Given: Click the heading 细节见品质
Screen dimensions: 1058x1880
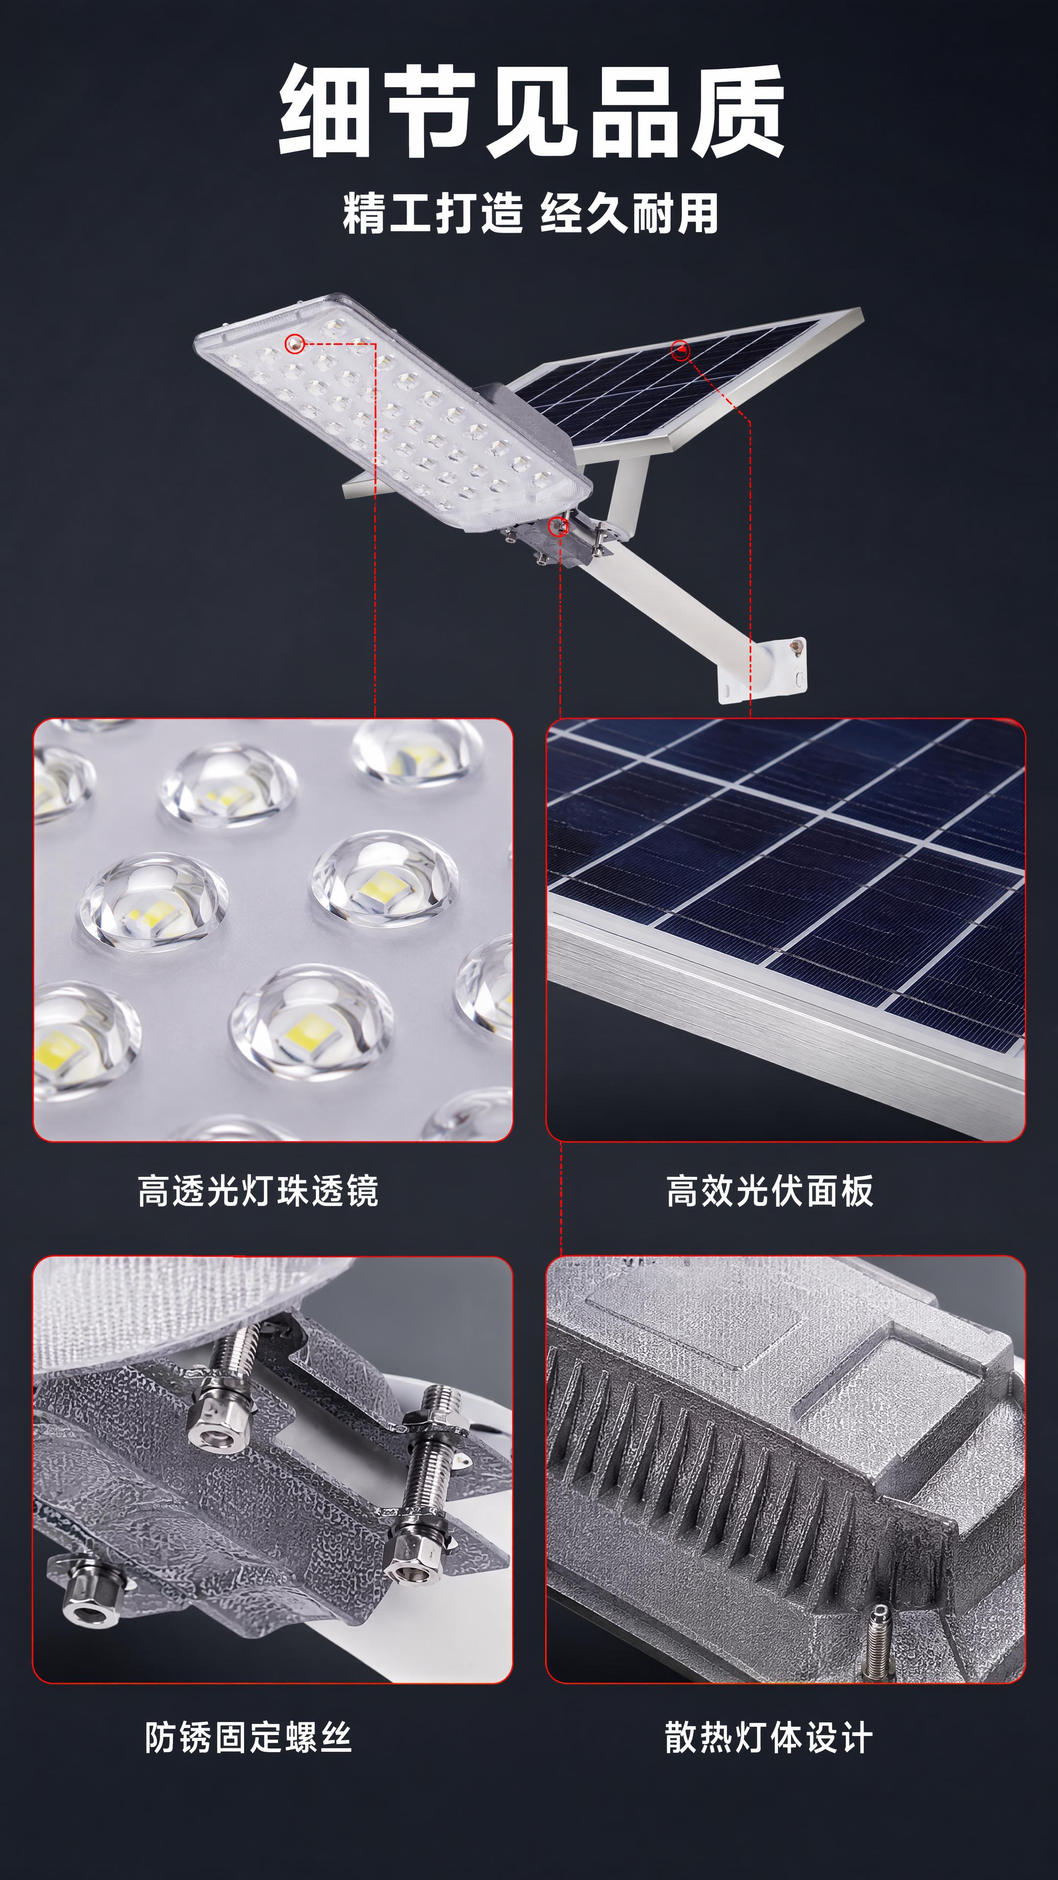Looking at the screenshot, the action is (x=531, y=111).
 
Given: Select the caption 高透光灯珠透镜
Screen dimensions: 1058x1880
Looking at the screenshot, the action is (x=258, y=1191).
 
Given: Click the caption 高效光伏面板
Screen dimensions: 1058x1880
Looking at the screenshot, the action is (x=769, y=1191).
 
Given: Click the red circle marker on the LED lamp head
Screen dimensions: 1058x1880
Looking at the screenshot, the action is (x=295, y=342).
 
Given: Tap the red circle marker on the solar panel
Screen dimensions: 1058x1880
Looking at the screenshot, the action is (x=680, y=351).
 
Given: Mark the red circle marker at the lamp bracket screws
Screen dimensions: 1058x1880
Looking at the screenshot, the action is (x=558, y=525).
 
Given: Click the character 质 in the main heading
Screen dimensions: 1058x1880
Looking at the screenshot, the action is (x=738, y=111).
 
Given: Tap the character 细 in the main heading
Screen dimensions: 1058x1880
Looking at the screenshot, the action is (x=326, y=111).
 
